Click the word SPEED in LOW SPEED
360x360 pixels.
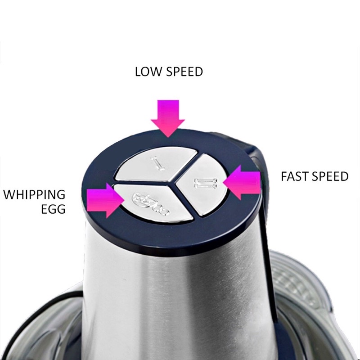[185, 72]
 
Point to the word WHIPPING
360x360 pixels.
[35, 195]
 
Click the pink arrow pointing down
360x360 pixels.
[168, 118]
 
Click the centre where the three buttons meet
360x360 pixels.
[172, 184]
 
